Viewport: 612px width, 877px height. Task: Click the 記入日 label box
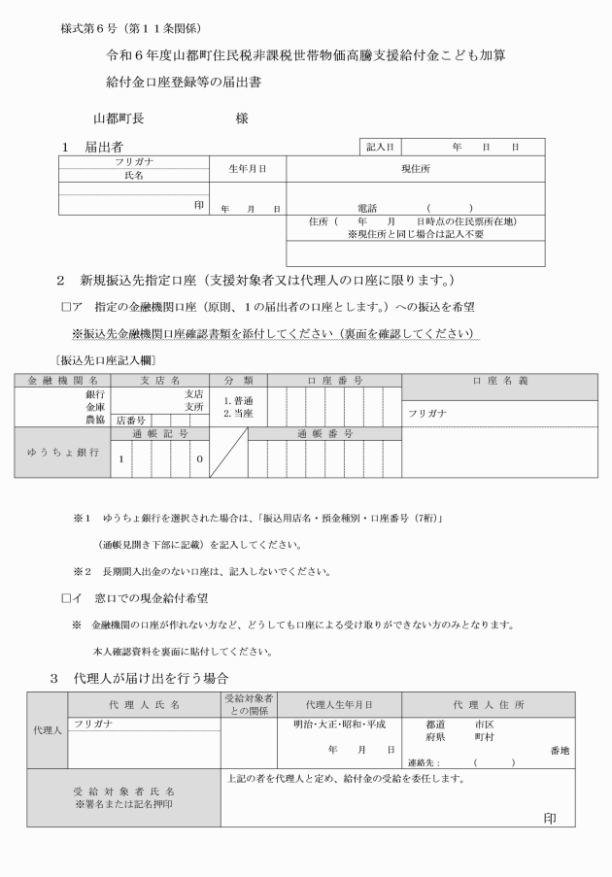380,147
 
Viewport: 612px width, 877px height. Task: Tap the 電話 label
366,208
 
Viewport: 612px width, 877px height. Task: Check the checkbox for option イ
65,595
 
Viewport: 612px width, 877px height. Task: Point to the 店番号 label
131,421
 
